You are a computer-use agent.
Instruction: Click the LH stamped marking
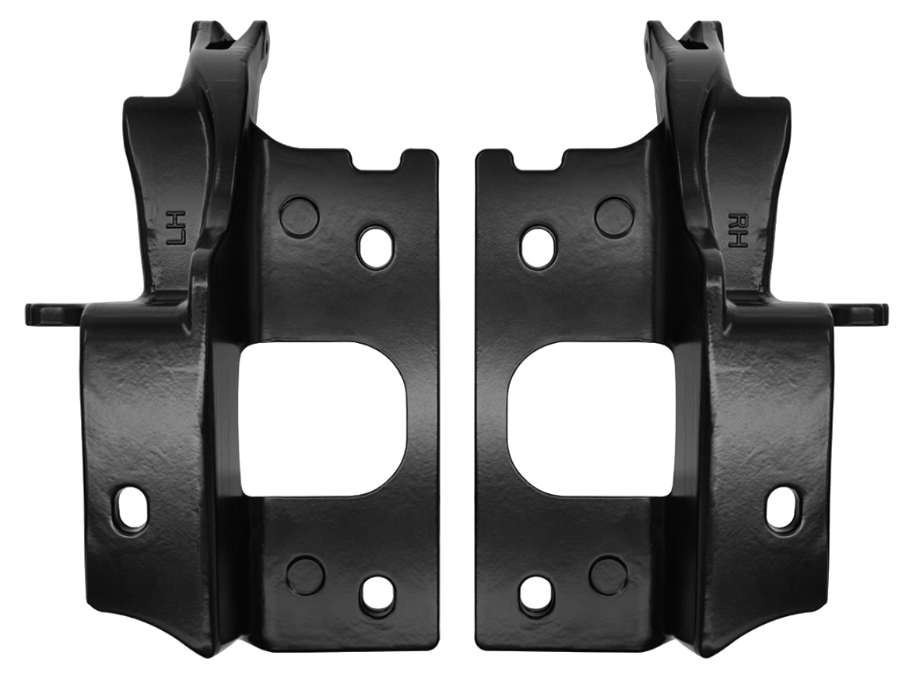coord(177,226)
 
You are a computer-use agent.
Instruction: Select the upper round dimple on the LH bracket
coord(299,216)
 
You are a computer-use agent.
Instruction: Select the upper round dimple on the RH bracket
coord(614,216)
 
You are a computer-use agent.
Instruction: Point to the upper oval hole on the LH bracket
coord(376,247)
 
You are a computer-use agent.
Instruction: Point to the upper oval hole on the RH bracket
coord(538,247)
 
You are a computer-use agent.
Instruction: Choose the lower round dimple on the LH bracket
coord(305,574)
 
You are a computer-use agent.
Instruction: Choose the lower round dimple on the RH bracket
coord(608,574)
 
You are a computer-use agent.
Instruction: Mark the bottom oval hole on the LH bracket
coord(377,595)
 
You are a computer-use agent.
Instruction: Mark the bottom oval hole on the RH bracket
coord(536,595)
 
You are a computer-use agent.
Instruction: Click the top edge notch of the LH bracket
coord(377,160)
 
